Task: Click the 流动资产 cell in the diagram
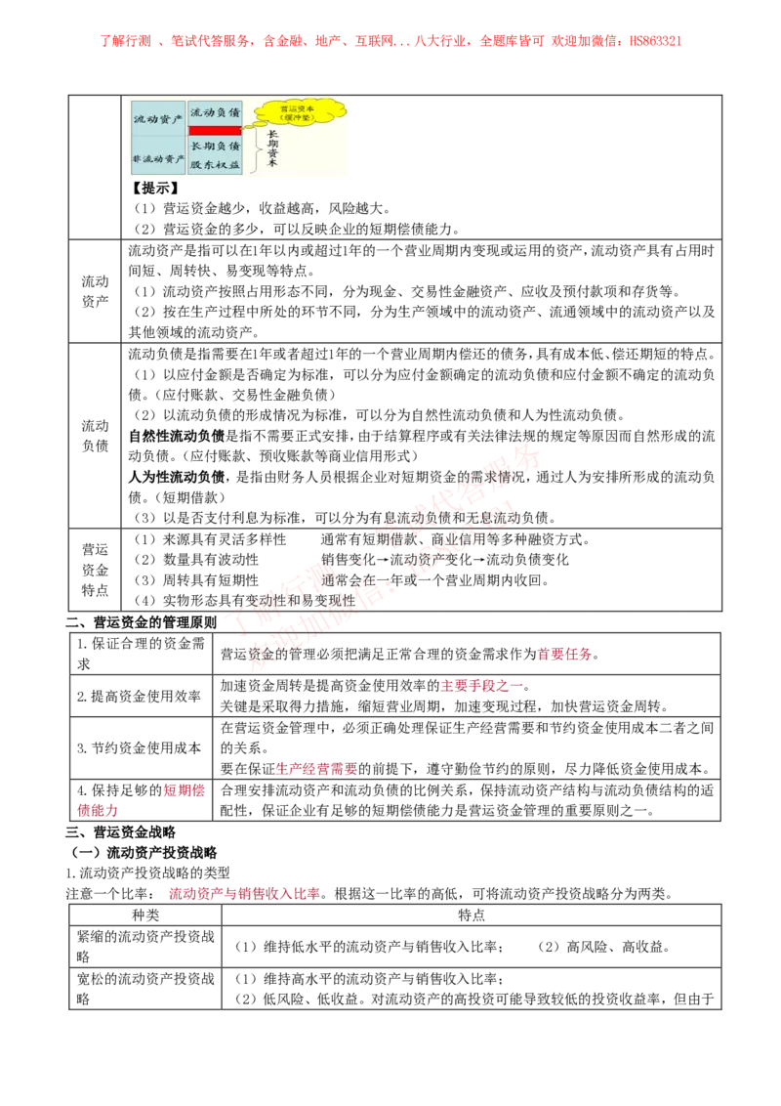pos(158,118)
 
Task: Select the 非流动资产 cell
pos(158,158)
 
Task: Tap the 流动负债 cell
pos(215,112)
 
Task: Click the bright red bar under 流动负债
pos(215,130)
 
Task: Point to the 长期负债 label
pos(215,146)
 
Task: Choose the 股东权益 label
pos(215,164)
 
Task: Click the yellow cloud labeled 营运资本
pos(300,113)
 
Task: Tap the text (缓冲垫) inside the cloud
pos(299,119)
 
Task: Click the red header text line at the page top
pos(390,41)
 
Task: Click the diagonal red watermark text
pos(381,562)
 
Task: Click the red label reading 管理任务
pos(565,655)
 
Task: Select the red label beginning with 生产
pos(316,770)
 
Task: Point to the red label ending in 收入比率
pos(243,893)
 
